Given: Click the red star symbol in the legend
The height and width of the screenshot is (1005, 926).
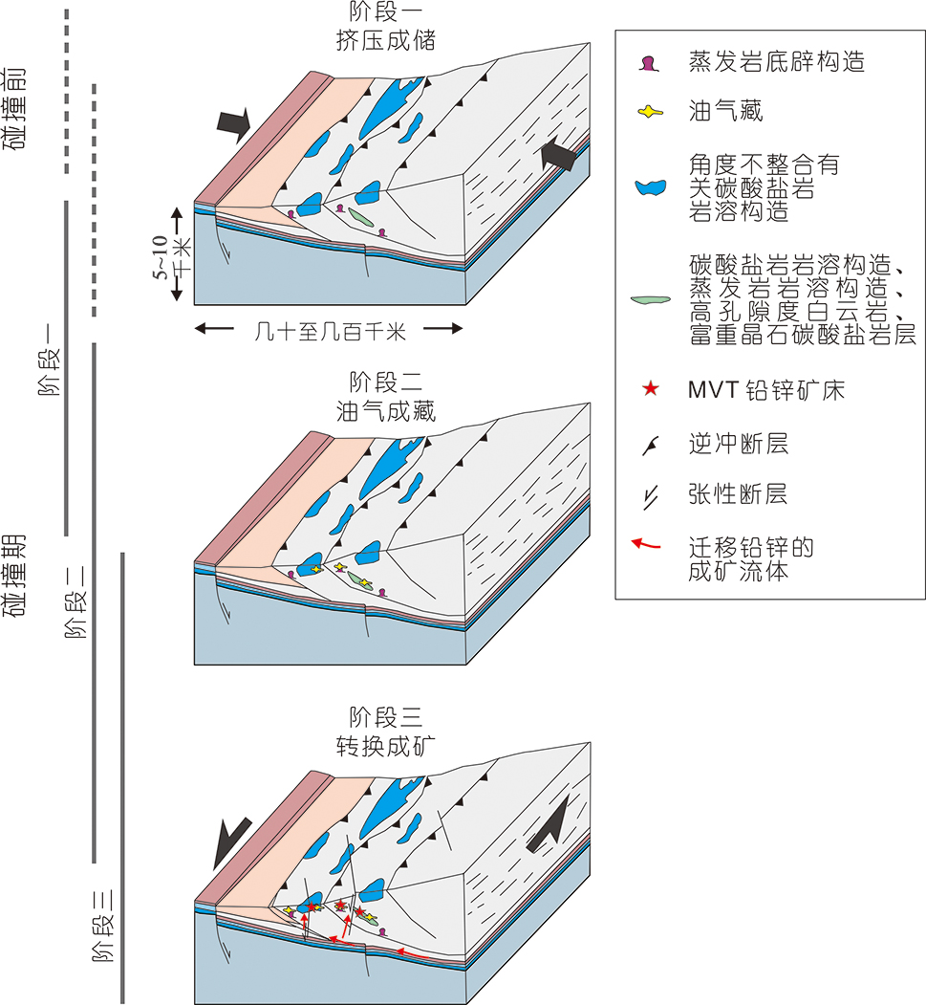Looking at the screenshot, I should [x=651, y=389].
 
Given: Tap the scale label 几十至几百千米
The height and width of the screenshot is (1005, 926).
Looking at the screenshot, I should [x=331, y=331].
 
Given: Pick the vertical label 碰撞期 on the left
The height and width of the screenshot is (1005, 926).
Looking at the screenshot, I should [x=18, y=577].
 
